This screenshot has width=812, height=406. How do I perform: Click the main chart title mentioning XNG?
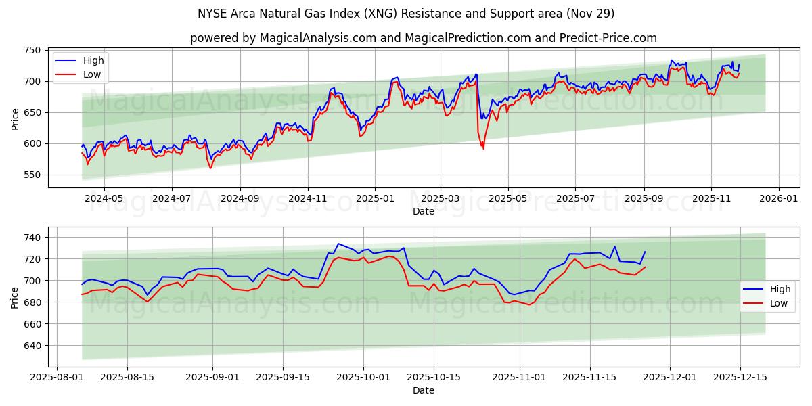click(406, 14)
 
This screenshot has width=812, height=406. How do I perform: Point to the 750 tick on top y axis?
click(32, 50)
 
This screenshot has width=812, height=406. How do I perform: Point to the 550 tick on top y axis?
click(32, 175)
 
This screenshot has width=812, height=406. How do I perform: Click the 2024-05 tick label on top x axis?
click(104, 199)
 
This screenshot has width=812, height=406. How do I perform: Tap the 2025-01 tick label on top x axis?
click(374, 199)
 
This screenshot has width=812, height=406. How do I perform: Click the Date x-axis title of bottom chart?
click(424, 390)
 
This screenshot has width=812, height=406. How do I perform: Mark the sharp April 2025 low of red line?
click(483, 148)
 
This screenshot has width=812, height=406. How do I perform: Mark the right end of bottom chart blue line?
click(645, 252)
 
